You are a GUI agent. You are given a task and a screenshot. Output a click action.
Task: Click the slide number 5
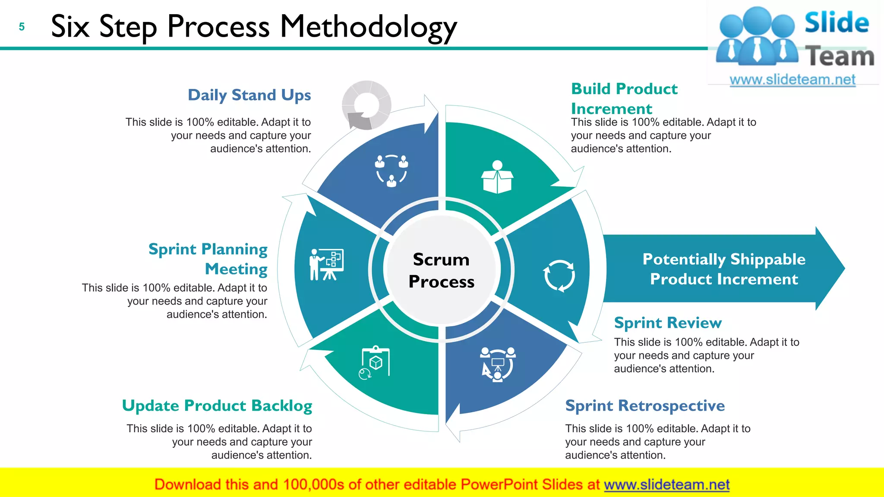[x=22, y=27]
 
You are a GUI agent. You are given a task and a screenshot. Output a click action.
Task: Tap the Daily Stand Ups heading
[x=249, y=95]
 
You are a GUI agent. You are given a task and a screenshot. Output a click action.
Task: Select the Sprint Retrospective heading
[x=645, y=406]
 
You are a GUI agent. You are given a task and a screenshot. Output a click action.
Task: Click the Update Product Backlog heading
[x=217, y=406]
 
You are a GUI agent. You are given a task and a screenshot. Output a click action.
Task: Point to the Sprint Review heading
[x=668, y=323]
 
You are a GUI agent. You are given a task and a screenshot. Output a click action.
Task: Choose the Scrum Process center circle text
[x=441, y=270]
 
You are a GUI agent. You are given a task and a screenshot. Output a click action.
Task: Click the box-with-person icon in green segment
[x=497, y=177]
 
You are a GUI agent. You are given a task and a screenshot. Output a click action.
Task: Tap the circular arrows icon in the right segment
[x=559, y=275]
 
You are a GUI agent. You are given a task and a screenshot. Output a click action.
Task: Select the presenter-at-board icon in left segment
[x=326, y=264]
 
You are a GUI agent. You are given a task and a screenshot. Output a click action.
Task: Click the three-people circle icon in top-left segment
[x=391, y=171]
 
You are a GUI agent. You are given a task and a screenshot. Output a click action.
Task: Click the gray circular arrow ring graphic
[x=366, y=105]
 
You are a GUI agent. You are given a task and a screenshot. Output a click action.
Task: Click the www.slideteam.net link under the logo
[x=792, y=80]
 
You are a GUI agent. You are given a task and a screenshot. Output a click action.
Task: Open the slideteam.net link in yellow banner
[x=666, y=484]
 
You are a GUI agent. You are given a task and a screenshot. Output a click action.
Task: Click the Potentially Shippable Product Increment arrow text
[x=724, y=269]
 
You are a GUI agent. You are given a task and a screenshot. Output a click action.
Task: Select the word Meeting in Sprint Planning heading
[x=236, y=269]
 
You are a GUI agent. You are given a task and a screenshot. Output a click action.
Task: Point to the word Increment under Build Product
[x=611, y=109]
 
